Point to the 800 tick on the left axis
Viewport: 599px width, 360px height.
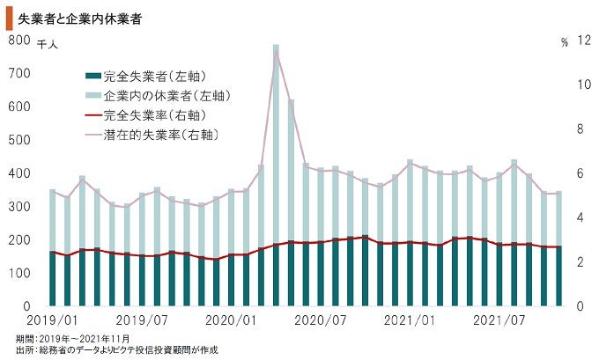click(18, 40)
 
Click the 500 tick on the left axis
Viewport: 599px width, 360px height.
click(18, 140)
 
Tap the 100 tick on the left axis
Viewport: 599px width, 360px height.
click(18, 273)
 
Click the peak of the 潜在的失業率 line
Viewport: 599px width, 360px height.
click(276, 51)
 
